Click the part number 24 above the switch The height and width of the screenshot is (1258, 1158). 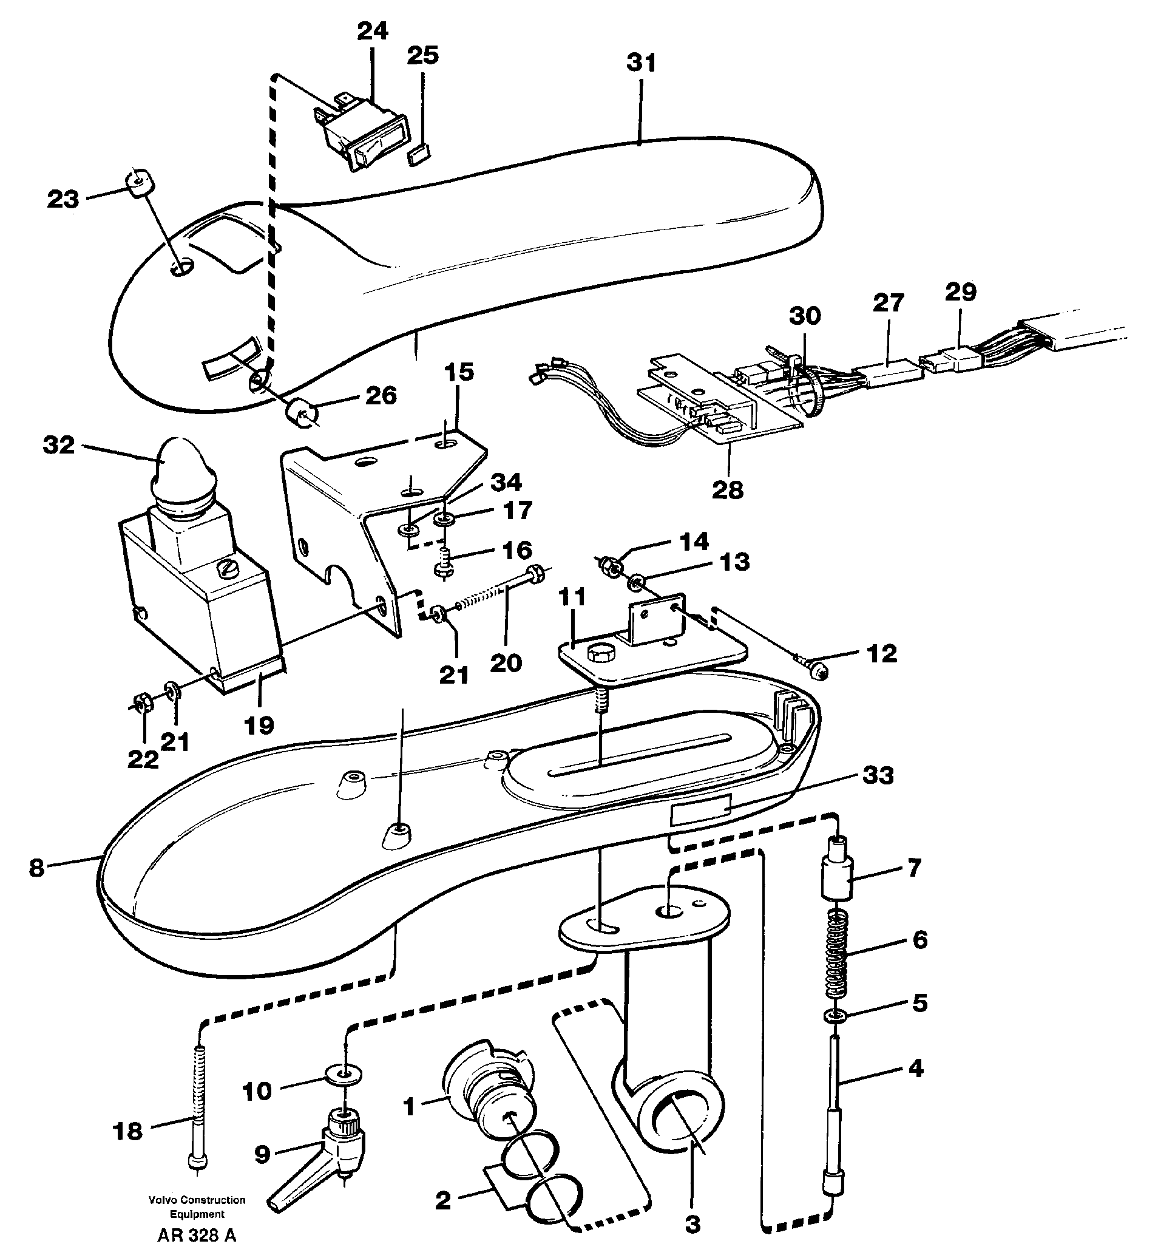click(372, 32)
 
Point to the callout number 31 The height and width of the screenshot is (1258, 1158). click(641, 63)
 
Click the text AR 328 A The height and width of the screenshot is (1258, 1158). click(197, 1236)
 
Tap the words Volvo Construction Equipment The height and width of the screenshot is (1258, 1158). click(197, 1206)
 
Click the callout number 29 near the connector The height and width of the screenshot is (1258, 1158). click(961, 291)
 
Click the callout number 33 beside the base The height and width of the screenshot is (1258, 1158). click(877, 775)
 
